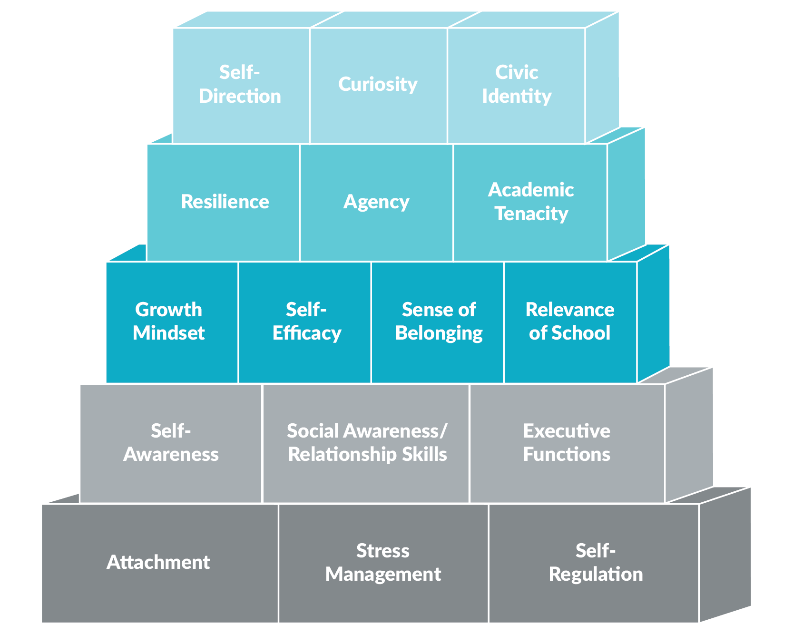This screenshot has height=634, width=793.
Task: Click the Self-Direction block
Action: [241, 86]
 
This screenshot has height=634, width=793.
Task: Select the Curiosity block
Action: [378, 86]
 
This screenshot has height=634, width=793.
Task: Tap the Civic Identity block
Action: [517, 86]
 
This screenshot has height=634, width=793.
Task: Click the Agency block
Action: [376, 203]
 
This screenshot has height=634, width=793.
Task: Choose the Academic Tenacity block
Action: [530, 203]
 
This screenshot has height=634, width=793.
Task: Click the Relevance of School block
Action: [570, 322]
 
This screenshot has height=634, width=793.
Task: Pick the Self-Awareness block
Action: [171, 443]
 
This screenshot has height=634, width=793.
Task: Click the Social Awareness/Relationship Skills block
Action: [366, 443]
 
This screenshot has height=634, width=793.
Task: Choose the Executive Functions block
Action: [567, 443]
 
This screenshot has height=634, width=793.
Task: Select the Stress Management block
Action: [383, 563]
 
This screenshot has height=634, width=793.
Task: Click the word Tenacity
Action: [531, 214]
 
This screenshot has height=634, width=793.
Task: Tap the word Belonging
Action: [439, 333]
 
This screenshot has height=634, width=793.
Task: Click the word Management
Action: [383, 575]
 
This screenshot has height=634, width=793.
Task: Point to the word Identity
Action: [517, 97]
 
